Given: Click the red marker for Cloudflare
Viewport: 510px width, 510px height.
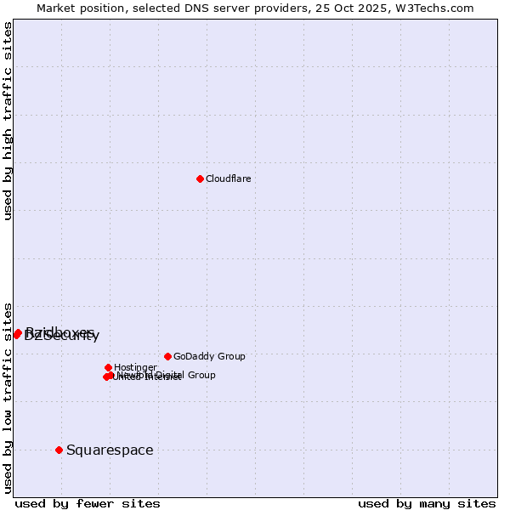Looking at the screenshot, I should click(x=200, y=178).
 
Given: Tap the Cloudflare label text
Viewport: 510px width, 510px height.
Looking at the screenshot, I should click(x=228, y=178).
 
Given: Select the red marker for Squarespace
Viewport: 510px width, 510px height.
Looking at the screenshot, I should click(x=59, y=450).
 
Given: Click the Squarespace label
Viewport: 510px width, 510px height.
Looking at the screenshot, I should click(x=110, y=450).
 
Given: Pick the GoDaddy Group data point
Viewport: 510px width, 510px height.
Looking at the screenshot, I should click(x=167, y=356).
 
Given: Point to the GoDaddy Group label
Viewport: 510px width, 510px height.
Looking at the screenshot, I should click(x=209, y=356).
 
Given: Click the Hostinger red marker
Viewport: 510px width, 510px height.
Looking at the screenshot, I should click(x=108, y=367).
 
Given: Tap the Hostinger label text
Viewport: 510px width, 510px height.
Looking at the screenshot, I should click(x=135, y=367).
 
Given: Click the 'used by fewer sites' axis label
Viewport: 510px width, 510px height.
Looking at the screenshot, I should click(x=88, y=504).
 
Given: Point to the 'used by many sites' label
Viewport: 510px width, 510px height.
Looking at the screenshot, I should click(x=427, y=504).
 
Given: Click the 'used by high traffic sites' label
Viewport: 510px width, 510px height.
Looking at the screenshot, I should click(x=8, y=122).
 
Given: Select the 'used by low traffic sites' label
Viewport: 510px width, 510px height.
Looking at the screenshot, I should click(x=8, y=398).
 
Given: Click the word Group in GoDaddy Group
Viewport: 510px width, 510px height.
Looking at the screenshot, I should click(x=229, y=356).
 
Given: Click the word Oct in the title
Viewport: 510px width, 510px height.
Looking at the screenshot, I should click(x=354, y=8).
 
